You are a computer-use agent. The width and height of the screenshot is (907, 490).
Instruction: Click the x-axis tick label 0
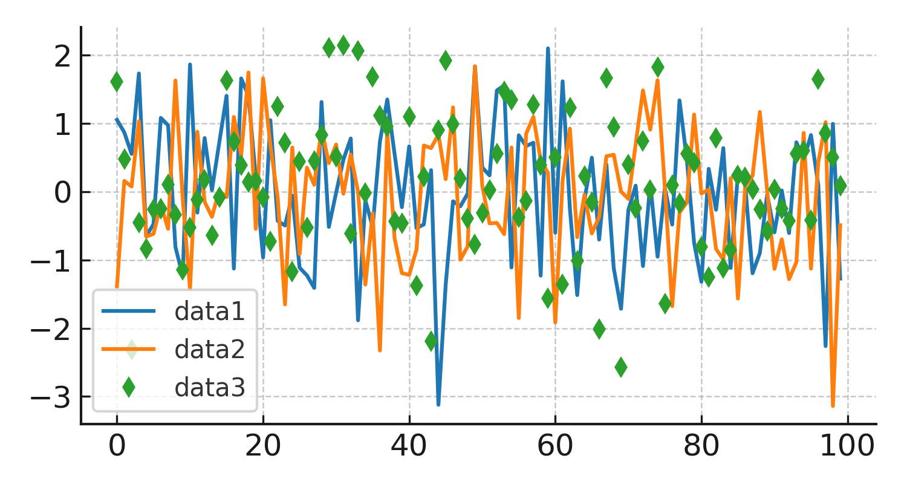click(x=117, y=446)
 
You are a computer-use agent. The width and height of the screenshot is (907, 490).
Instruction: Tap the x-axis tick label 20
click(x=263, y=446)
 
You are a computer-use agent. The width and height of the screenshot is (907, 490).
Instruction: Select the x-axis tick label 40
click(x=409, y=446)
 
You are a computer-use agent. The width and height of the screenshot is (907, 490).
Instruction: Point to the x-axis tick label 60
click(x=556, y=446)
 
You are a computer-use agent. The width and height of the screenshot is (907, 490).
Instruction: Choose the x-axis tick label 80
click(x=701, y=446)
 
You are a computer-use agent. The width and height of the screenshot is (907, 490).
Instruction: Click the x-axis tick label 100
click(x=848, y=446)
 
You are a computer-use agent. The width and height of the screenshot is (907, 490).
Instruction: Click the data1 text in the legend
click(x=209, y=312)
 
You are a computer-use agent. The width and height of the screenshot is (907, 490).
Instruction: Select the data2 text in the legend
click(x=209, y=349)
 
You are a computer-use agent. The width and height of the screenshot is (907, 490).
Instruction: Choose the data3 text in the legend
click(x=209, y=387)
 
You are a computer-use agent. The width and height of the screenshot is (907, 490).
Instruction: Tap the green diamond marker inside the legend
click(x=128, y=387)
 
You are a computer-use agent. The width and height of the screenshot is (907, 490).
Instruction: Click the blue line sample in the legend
click(x=128, y=312)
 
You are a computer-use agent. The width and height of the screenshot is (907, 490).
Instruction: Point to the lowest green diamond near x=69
click(x=621, y=367)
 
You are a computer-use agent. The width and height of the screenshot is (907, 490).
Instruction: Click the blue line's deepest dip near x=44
click(x=438, y=405)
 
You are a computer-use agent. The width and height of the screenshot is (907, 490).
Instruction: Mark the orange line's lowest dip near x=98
click(x=833, y=405)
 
